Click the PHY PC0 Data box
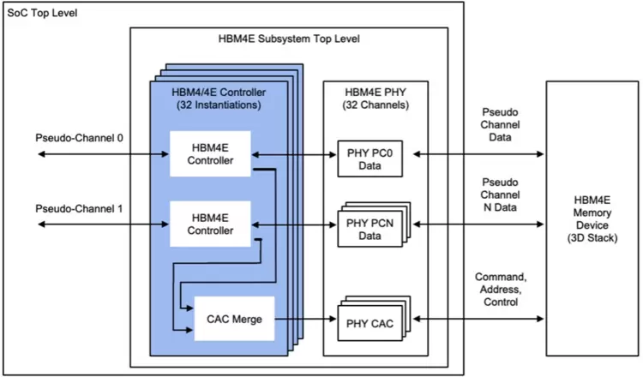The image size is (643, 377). click(x=373, y=154)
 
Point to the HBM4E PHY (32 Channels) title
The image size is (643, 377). click(x=375, y=99)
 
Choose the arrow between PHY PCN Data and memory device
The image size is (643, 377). click(x=478, y=225)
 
